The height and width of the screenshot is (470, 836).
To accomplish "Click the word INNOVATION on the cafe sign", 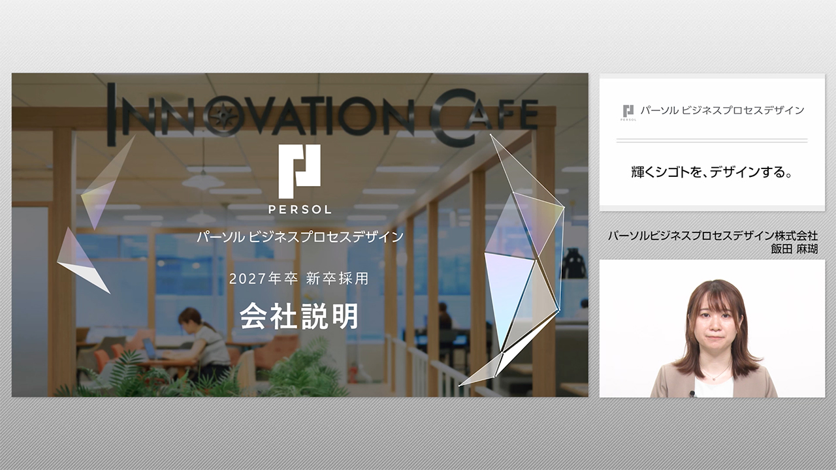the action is (x=261, y=114).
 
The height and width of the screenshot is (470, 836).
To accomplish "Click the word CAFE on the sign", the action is (x=484, y=117).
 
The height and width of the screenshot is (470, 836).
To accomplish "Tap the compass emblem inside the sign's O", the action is (x=224, y=116).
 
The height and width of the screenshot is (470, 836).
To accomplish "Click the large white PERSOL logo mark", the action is (x=299, y=172).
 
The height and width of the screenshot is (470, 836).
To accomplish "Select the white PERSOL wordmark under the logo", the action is (x=300, y=210).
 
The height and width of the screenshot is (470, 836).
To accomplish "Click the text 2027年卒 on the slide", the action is (x=263, y=279).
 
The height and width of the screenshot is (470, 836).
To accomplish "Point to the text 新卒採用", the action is (x=338, y=279).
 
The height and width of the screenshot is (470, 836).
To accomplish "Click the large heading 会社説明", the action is (x=299, y=317).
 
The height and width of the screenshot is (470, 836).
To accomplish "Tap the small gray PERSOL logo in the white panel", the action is (x=628, y=113).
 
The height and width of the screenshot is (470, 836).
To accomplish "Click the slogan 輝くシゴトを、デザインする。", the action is (x=712, y=172).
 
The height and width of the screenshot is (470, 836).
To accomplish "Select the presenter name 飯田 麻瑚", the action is (x=794, y=249).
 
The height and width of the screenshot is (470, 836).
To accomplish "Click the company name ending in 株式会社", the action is (x=713, y=236).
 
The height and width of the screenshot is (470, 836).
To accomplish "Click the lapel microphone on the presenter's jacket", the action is (x=692, y=394).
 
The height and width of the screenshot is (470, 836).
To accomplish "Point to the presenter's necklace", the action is (x=715, y=374).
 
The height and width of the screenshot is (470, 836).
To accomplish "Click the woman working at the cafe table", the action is (x=203, y=344).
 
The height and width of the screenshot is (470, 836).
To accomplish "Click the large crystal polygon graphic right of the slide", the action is (x=522, y=261).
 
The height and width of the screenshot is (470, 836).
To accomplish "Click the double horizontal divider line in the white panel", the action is (x=712, y=140).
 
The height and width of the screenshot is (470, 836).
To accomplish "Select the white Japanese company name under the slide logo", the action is (x=300, y=237).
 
